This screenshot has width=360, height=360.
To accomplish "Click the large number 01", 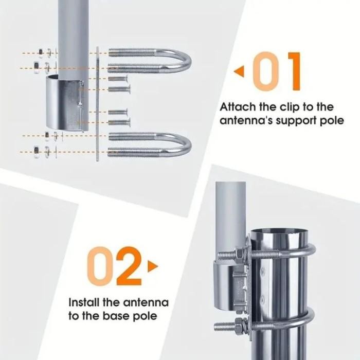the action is pyautogui.click(x=277, y=71).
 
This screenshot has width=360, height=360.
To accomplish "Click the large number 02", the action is pyautogui.click(x=114, y=266).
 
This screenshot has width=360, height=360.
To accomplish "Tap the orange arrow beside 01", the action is pyautogui.click(x=239, y=71).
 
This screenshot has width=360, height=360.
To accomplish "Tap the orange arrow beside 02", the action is pyautogui.click(x=153, y=266).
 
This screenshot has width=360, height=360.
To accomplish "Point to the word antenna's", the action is pyautogui.click(x=246, y=120).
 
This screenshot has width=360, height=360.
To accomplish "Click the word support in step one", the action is pyautogui.click(x=298, y=121).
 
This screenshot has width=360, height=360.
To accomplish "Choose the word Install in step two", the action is pyautogui.click(x=84, y=302).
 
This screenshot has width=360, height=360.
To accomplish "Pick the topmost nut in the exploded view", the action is pyautogui.click(x=41, y=52).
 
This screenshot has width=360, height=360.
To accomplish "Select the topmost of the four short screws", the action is pyautogui.click(x=117, y=79).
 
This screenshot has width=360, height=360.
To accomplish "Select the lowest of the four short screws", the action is pyautogui.click(x=119, y=122).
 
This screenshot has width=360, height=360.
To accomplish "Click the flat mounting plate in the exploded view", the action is pyautogui.click(x=97, y=104).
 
